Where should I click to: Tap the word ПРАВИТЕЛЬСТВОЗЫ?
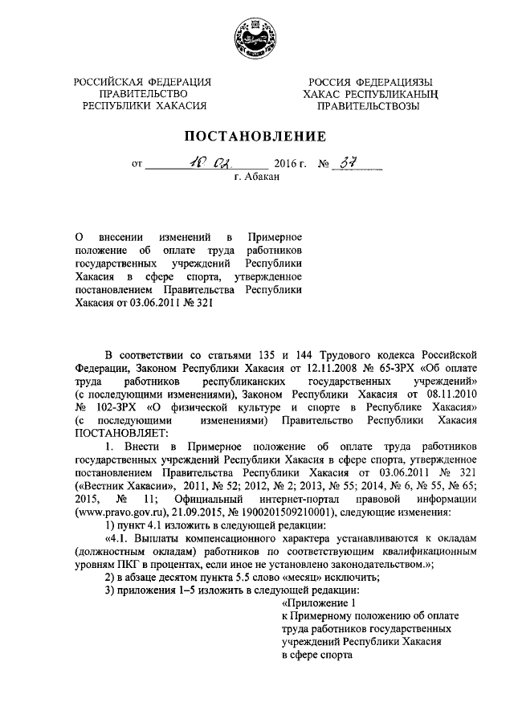coord(368,105)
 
